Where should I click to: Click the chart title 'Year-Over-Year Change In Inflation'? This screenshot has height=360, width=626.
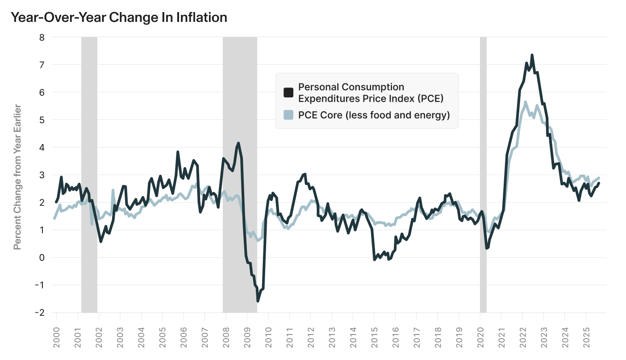point(119,17)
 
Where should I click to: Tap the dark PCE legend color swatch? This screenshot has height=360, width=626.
point(288,92)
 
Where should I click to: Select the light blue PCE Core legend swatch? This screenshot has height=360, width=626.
point(288,115)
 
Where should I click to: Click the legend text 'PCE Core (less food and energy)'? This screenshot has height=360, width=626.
point(374,115)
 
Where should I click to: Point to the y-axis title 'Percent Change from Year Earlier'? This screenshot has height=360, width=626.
point(17,177)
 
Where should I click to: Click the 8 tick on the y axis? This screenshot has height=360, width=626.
point(42,38)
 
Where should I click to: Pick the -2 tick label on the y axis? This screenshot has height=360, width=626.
point(40,313)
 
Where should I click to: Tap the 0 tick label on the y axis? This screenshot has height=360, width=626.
point(42,258)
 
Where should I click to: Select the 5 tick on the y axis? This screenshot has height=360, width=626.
point(42,120)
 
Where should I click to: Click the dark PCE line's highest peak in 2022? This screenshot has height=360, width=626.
point(532,55)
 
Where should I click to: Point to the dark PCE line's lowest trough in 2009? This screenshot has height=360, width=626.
point(258,301)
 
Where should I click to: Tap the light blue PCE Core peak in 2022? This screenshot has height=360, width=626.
point(526,102)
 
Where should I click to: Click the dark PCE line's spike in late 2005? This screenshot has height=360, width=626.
point(178,152)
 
